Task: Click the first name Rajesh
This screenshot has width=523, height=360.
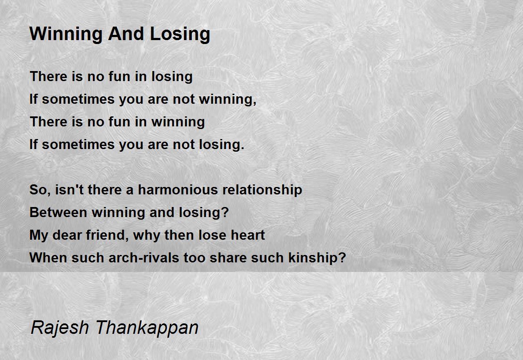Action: pyautogui.click(x=58, y=328)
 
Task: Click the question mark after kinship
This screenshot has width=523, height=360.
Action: pyautogui.click(x=342, y=258)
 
